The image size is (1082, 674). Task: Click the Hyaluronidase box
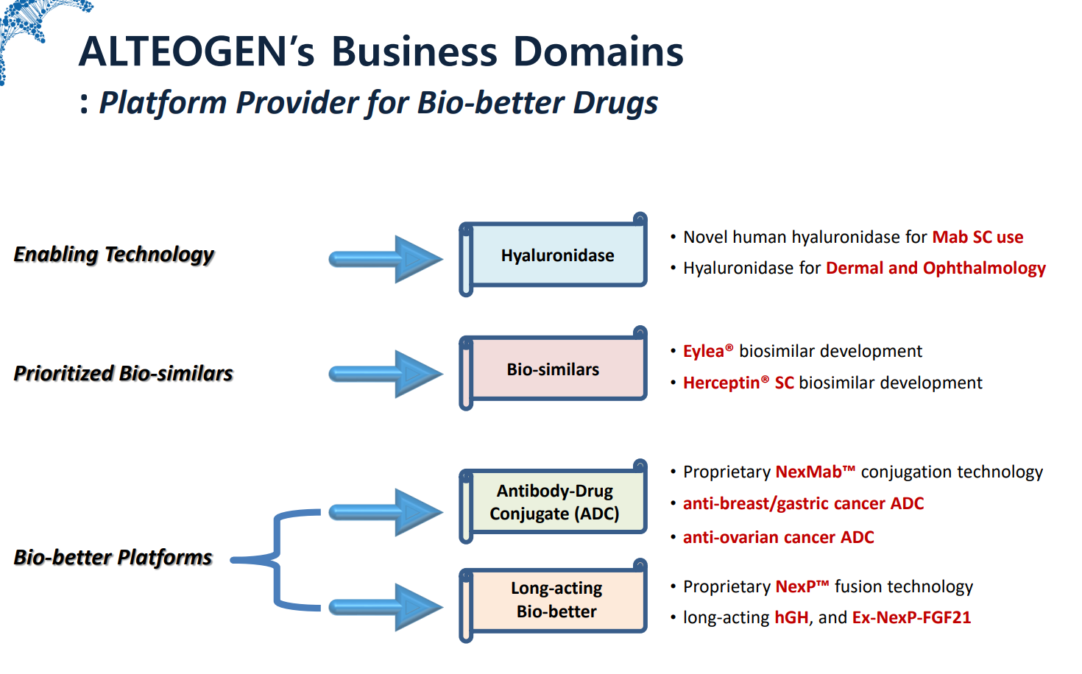(x=557, y=255)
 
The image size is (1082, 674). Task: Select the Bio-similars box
(x=554, y=369)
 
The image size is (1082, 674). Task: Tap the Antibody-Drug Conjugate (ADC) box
(x=554, y=503)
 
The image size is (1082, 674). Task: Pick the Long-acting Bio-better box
(x=556, y=600)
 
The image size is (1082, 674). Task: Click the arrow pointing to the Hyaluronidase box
(x=386, y=259)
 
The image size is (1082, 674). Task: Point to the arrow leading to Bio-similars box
(x=386, y=374)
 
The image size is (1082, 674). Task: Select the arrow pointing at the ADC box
(x=386, y=512)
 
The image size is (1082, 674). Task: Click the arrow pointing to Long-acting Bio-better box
(x=386, y=607)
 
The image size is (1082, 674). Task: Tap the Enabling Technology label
(x=114, y=255)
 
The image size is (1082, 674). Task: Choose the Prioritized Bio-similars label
(x=124, y=374)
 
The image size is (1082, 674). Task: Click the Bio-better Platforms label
(x=113, y=558)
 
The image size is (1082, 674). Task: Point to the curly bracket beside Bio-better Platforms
(x=276, y=560)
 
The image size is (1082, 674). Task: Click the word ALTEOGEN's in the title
(x=197, y=52)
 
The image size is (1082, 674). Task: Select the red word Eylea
(x=704, y=352)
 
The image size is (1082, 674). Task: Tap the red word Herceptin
(x=721, y=383)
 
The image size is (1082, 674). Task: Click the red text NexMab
(x=808, y=472)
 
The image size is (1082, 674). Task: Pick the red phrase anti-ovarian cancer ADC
(x=778, y=538)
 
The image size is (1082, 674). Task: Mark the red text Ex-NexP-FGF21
(x=911, y=618)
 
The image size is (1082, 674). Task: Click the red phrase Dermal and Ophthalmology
(x=936, y=269)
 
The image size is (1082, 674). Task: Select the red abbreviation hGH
(x=791, y=618)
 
